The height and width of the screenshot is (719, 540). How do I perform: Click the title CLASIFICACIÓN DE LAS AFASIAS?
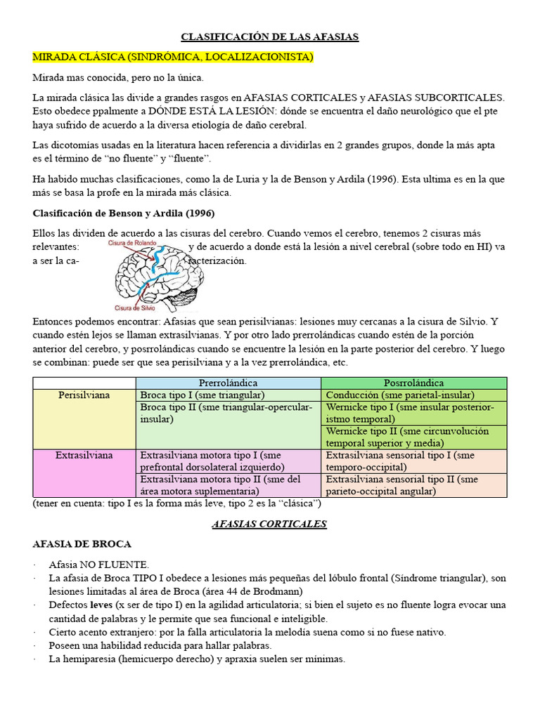[270, 37]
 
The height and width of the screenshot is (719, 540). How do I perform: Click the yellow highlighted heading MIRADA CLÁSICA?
[173, 57]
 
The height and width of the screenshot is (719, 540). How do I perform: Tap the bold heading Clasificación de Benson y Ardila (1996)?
[124, 213]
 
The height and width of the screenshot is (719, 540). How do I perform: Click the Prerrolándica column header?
[228, 383]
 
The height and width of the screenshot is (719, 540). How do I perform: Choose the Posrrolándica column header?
[413, 383]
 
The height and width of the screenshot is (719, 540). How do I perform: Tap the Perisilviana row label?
[84, 395]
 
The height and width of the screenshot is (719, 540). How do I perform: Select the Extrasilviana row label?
[84, 455]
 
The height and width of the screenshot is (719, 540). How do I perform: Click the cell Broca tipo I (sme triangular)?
[202, 395]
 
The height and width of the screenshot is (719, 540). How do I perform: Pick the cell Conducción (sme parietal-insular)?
[400, 395]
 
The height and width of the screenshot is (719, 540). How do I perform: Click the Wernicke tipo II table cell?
[407, 437]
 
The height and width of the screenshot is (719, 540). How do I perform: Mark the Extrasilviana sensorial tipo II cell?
[401, 485]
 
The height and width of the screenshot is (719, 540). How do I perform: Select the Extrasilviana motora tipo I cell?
[211, 461]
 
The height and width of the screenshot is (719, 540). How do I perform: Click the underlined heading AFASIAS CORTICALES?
[269, 524]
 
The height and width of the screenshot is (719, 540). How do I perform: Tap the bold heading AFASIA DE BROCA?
[82, 544]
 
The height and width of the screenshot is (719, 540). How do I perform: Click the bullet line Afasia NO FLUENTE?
[99, 565]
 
